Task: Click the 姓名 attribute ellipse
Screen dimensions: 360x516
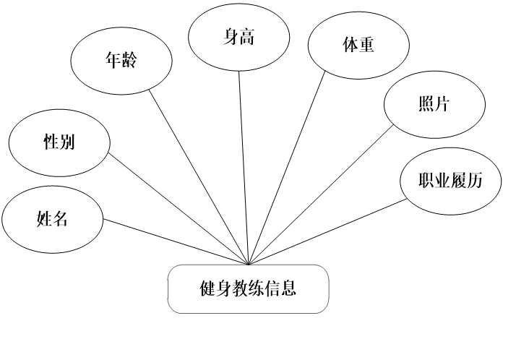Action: click(x=52, y=219)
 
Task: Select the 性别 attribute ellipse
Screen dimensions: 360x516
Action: click(x=59, y=142)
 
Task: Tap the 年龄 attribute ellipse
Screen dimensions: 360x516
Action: click(x=121, y=61)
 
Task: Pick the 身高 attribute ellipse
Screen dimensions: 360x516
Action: click(x=238, y=37)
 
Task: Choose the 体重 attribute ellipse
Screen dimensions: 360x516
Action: click(x=358, y=45)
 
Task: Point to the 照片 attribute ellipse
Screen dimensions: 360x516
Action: click(x=434, y=104)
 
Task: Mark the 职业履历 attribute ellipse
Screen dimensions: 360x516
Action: click(x=450, y=181)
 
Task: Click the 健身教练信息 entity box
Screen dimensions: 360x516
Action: click(x=248, y=289)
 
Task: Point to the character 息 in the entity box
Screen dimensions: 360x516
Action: click(x=288, y=289)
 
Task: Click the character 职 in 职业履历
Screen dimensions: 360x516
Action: click(x=426, y=181)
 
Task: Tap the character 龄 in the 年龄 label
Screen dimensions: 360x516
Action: click(x=129, y=61)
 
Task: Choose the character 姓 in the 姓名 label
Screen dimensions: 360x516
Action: click(x=44, y=219)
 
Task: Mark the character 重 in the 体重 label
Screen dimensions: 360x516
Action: click(x=366, y=45)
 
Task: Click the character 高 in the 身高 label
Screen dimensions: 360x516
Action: click(x=246, y=37)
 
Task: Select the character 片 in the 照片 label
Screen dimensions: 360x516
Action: click(x=442, y=104)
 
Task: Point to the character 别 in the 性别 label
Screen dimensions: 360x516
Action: click(x=67, y=142)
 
